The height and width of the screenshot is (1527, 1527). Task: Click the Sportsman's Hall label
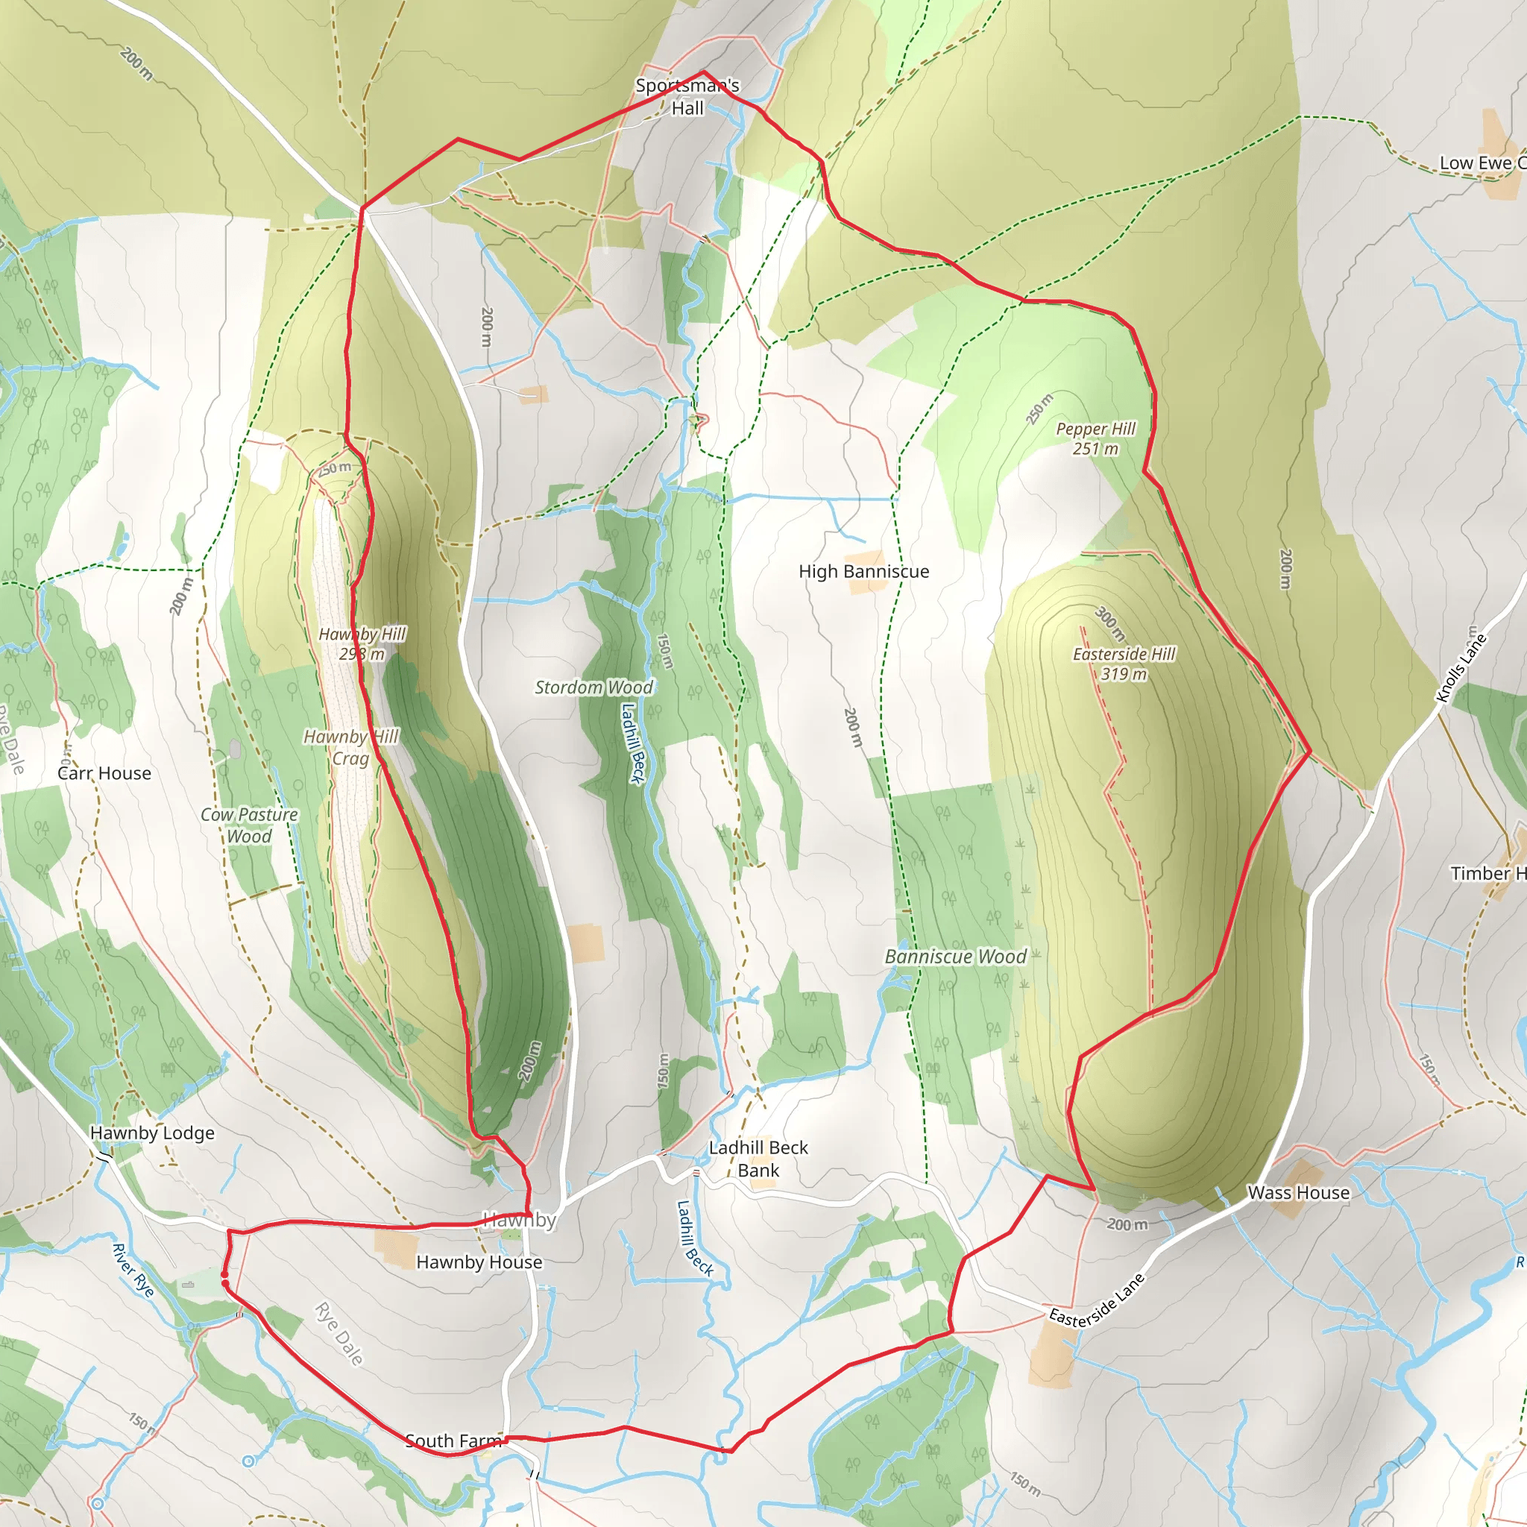coord(687,96)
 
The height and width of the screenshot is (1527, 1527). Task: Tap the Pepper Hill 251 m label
coord(1095,438)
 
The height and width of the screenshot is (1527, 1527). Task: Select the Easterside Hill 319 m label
coord(1124,664)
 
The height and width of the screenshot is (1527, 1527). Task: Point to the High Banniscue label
coord(864,571)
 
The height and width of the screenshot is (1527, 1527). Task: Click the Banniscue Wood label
coord(956,957)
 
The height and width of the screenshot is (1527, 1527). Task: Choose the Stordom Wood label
coord(594,687)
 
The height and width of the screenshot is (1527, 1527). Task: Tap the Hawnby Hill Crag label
coord(352,748)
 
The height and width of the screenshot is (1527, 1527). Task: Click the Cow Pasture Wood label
coord(249,825)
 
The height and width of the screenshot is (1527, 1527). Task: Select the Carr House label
coord(104,773)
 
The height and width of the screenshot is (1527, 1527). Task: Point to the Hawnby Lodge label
coord(153,1133)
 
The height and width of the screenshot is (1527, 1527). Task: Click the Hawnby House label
coord(479,1262)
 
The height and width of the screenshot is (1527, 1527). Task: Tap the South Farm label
coord(453,1441)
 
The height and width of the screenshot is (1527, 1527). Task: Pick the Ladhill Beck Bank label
coord(758,1159)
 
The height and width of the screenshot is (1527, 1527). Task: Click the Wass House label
coord(1299,1193)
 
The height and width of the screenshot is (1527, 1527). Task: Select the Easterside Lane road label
coord(1096,1300)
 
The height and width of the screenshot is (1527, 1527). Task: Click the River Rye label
coord(133,1270)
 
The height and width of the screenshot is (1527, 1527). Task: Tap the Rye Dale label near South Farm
coord(340,1334)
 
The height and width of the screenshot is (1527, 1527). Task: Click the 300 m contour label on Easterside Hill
coord(1110,623)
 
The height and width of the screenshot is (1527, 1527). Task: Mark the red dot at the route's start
coord(224,1275)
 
